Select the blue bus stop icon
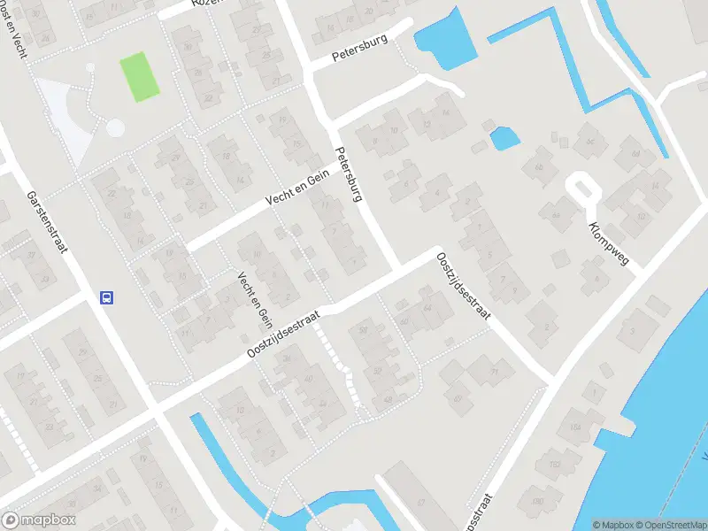click(x=106, y=297)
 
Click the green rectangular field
click(x=139, y=77)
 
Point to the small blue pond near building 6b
click(x=504, y=137)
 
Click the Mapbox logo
click(x=39, y=520)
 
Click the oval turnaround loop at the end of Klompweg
click(x=581, y=189)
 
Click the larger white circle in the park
click(x=115, y=127)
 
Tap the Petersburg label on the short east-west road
click(x=360, y=52)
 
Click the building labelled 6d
click(x=586, y=138)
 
